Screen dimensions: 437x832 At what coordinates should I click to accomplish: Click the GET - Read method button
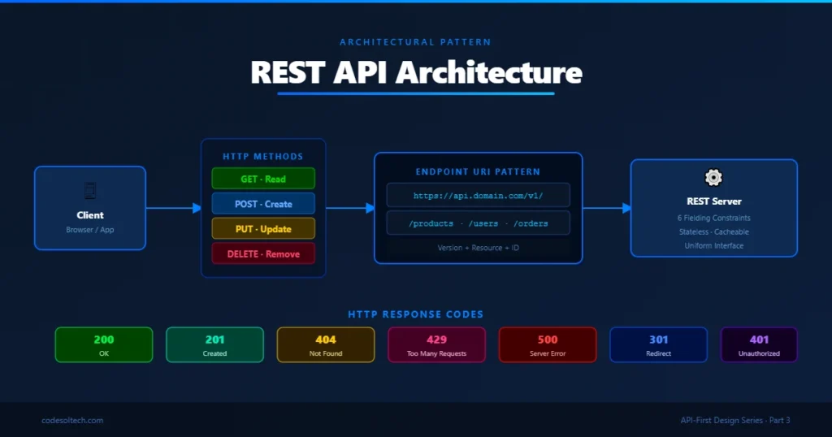[x=263, y=179]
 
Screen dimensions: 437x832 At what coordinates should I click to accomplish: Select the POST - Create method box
[x=263, y=204]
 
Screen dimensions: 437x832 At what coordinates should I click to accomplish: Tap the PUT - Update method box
[x=263, y=229]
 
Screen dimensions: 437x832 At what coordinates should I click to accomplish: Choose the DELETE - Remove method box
[x=263, y=254]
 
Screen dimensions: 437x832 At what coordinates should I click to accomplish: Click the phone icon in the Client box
[x=90, y=191]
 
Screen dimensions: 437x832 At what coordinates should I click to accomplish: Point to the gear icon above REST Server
[x=714, y=178]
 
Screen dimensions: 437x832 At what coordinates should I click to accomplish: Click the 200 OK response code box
[x=103, y=345]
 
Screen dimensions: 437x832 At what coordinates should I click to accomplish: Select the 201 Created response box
[x=214, y=345]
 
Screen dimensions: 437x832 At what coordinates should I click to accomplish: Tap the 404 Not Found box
[x=325, y=345]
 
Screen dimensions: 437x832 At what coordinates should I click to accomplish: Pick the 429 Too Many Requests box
[x=436, y=345]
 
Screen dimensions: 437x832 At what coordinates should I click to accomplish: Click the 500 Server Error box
[x=547, y=345]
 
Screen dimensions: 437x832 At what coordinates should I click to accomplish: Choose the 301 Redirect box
[x=658, y=345]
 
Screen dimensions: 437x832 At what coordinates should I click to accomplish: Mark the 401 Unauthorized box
[x=758, y=345]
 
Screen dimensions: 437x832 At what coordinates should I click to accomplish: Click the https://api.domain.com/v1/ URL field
[x=478, y=196]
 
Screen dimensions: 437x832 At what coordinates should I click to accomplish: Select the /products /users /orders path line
[x=478, y=223]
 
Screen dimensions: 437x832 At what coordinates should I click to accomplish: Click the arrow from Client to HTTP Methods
[x=173, y=209]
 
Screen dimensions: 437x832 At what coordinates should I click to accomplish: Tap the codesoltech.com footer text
[x=72, y=420]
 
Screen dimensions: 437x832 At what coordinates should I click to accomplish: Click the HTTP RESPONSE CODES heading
[x=415, y=314]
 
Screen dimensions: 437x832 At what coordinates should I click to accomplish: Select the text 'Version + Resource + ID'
[x=478, y=248]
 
